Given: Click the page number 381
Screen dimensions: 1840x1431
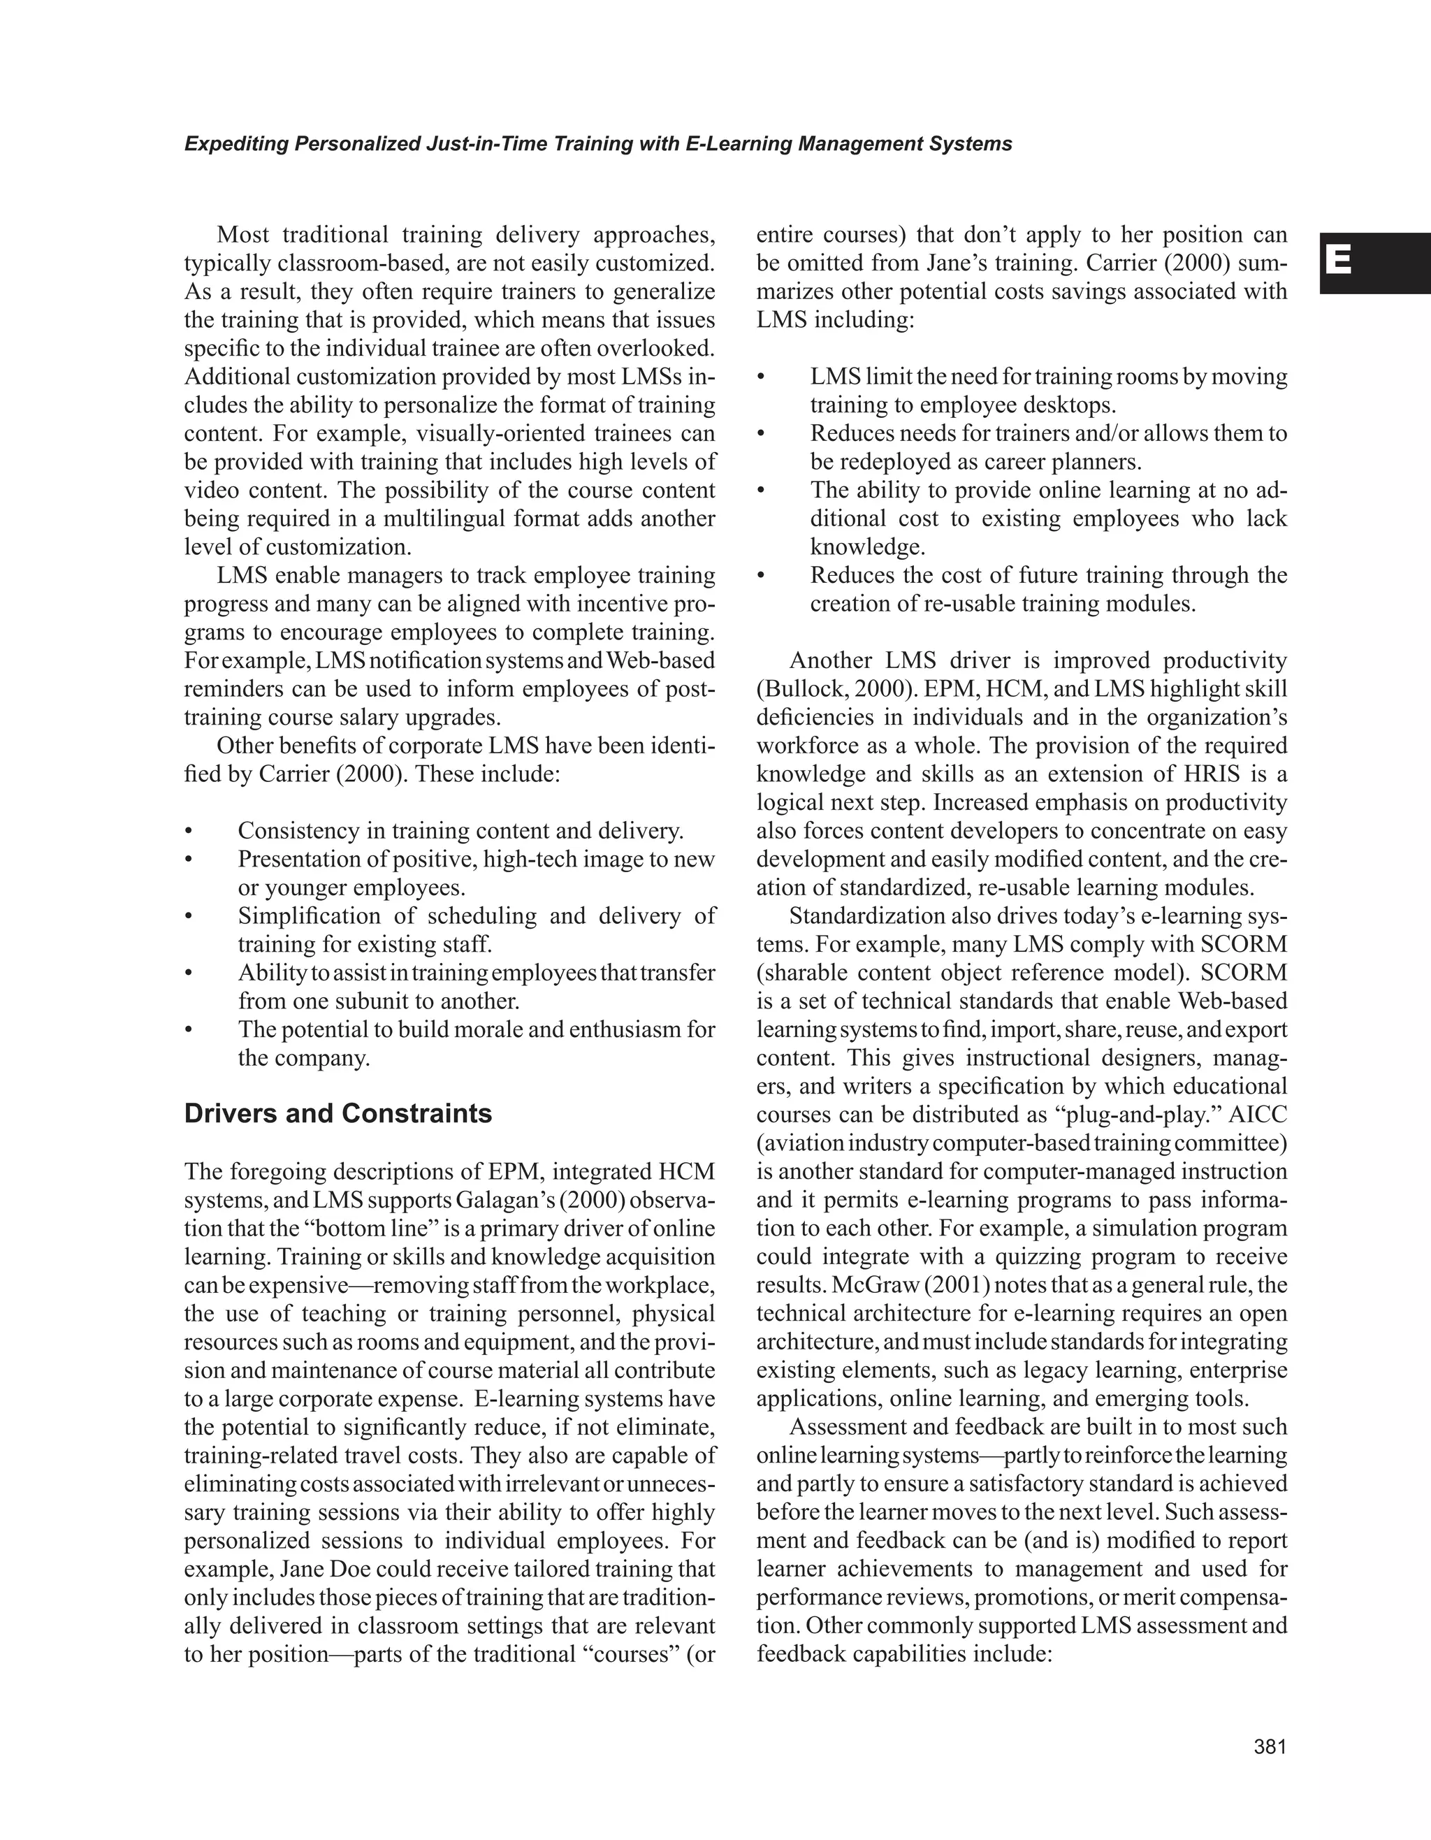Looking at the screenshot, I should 1270,1746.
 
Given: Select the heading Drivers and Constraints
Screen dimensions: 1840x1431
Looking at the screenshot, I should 337,1114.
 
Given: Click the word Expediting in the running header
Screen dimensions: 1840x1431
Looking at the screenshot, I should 236,144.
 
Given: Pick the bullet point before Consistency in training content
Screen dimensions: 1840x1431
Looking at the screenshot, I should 189,832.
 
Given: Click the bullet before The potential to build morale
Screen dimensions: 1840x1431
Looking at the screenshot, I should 189,1029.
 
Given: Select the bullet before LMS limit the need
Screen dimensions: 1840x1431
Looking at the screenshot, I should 762,377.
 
